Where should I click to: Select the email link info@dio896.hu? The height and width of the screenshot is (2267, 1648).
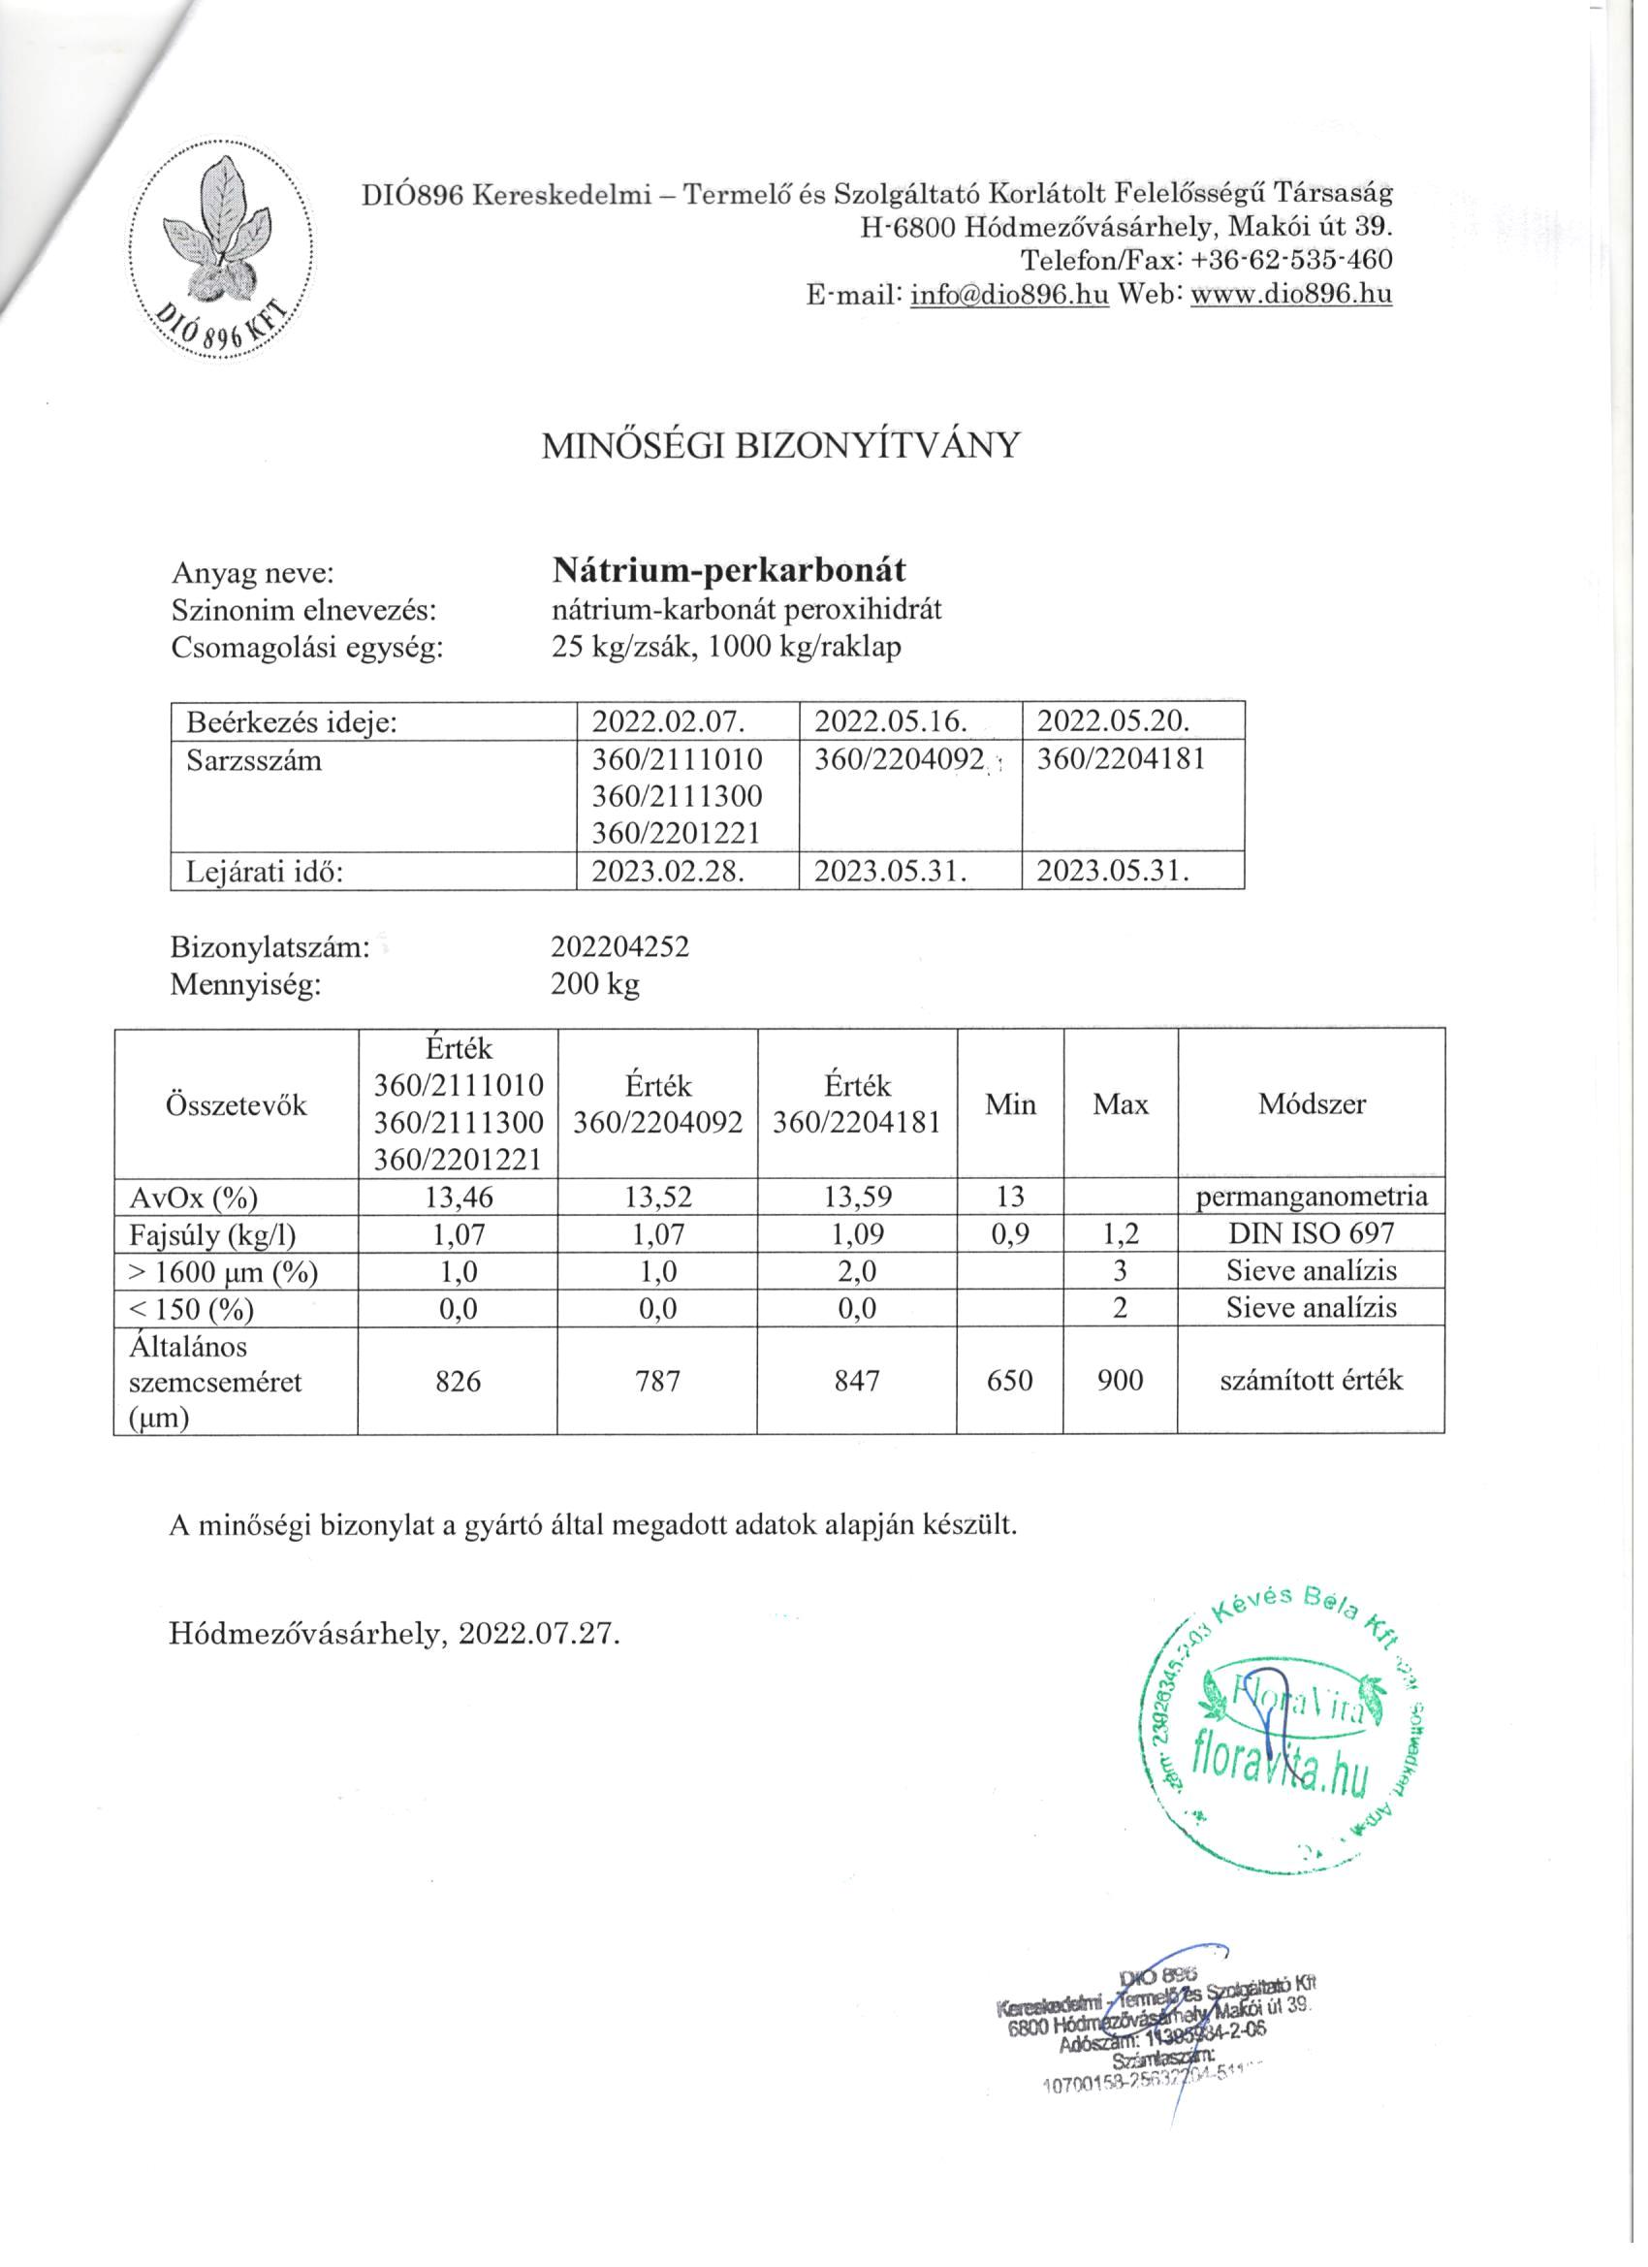[x=1009, y=295]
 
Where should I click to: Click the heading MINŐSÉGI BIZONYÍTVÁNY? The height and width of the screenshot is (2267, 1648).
[x=780, y=446]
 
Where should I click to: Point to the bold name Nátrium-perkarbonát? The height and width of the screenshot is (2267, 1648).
[x=730, y=570]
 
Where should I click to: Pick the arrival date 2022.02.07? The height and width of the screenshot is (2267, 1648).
[x=669, y=721]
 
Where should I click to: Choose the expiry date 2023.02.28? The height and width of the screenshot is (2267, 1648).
[x=669, y=872]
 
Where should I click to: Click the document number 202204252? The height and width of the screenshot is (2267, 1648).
[x=619, y=946]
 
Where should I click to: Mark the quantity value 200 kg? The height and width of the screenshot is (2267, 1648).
[x=594, y=984]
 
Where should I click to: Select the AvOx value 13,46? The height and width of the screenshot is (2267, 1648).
[x=458, y=1197]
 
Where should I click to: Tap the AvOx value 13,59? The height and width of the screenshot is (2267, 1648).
[x=857, y=1197]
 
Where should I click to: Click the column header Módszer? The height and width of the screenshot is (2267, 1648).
[x=1312, y=1104]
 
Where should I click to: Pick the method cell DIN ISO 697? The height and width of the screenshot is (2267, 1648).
[x=1312, y=1233]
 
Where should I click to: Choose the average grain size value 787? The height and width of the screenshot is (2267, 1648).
[x=657, y=1382]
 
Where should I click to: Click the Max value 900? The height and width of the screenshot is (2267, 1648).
[x=1120, y=1382]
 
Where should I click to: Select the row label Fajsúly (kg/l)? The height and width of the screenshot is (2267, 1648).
[x=213, y=1234]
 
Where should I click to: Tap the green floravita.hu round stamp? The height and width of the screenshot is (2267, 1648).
[x=1285, y=1738]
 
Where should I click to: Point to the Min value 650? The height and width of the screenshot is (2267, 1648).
[x=1009, y=1382]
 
